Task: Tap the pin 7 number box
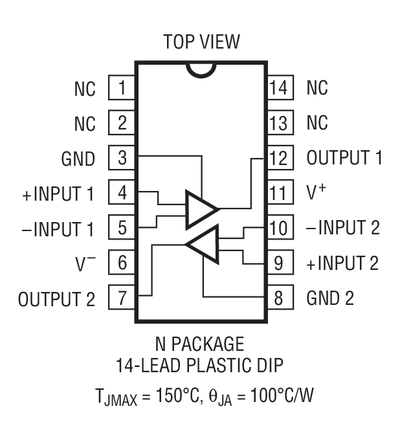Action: click(121, 298)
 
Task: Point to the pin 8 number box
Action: click(278, 298)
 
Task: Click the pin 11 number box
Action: click(278, 193)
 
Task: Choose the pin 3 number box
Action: click(121, 158)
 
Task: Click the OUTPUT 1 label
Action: click(344, 158)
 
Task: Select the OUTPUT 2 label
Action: click(56, 299)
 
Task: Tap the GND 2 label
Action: click(333, 299)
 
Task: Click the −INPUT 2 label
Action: click(343, 229)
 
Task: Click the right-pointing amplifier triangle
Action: click(199, 209)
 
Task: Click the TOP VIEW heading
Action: click(201, 43)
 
